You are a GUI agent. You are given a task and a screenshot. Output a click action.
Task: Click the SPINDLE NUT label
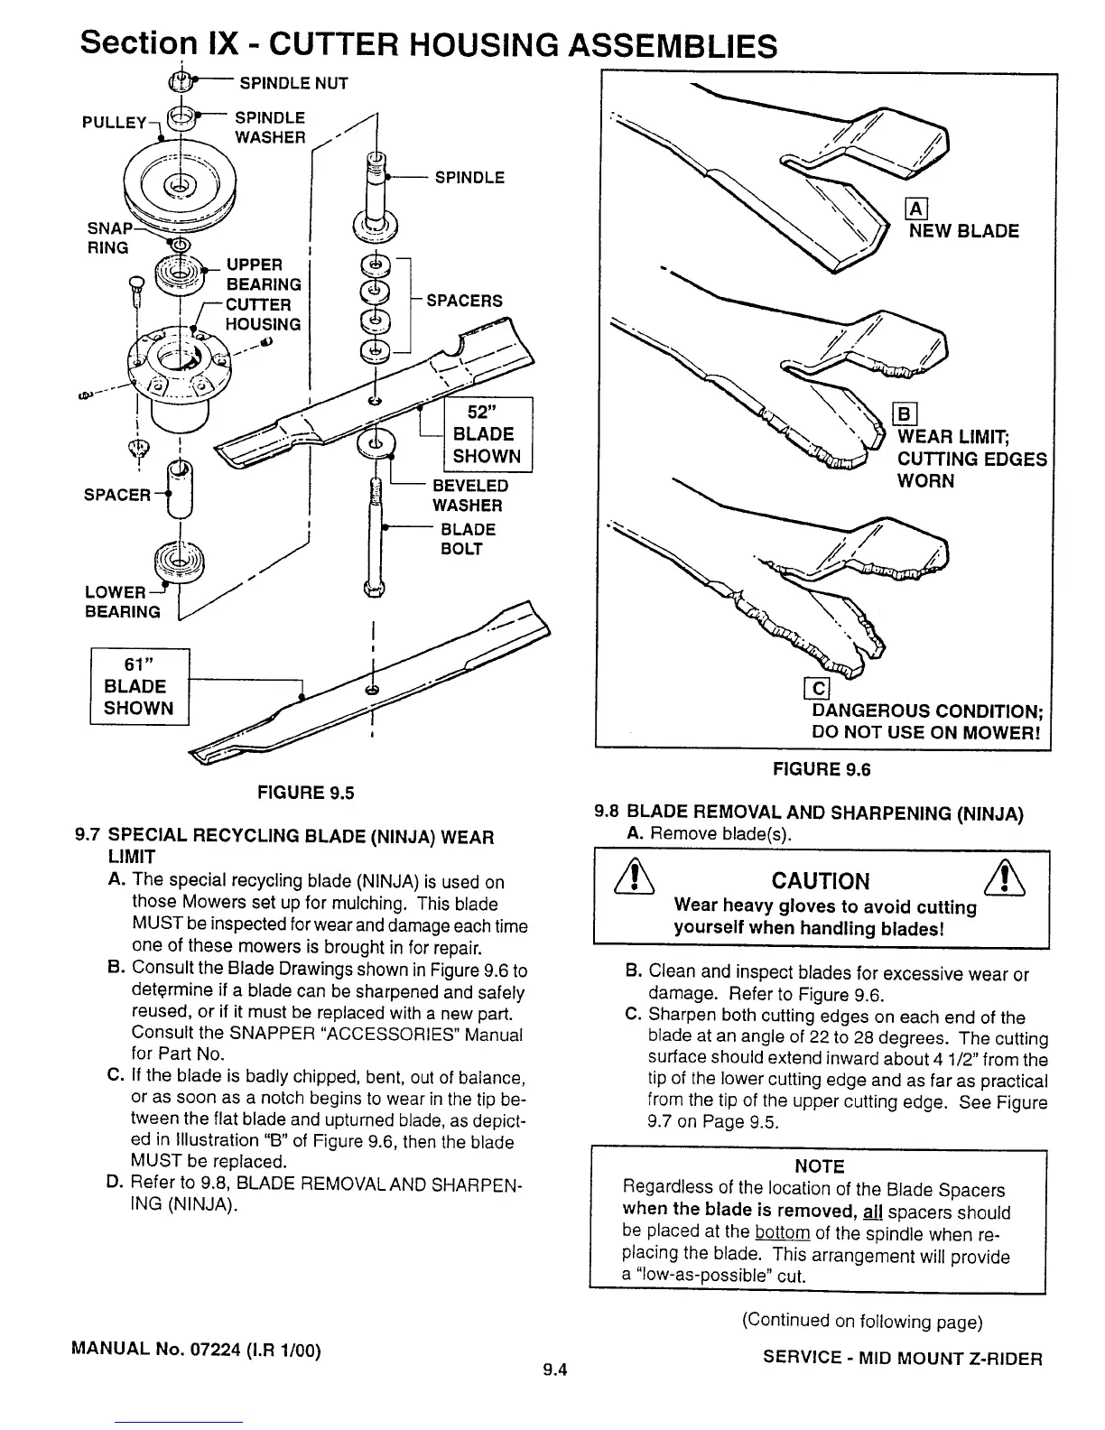(x=292, y=84)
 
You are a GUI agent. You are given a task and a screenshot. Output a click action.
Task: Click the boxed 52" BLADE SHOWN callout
(x=487, y=434)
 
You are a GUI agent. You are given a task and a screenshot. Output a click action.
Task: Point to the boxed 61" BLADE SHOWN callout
(x=139, y=687)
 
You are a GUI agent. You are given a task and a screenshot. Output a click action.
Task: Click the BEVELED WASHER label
(x=469, y=496)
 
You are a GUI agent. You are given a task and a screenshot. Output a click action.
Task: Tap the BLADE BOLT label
(x=467, y=539)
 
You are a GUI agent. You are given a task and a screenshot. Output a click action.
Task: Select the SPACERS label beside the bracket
(x=464, y=301)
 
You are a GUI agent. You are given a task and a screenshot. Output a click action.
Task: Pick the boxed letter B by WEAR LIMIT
(x=904, y=416)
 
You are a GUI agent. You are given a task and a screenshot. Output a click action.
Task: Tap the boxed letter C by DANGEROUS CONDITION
(x=818, y=690)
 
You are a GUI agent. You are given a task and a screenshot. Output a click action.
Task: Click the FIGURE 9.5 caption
(x=306, y=794)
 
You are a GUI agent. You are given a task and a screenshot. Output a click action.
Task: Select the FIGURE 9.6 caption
(x=821, y=770)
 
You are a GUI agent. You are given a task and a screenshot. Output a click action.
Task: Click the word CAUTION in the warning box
(x=821, y=881)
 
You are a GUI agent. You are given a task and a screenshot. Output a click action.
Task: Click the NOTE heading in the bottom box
(x=819, y=1166)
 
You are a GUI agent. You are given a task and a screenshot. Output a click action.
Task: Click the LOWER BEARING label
(x=123, y=602)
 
